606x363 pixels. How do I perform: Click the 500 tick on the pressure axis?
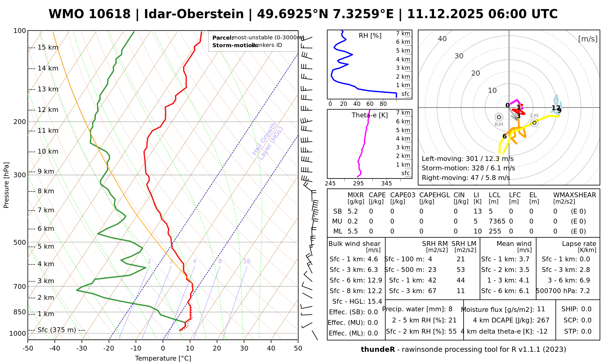20,243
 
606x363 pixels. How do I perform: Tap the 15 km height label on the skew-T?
48,47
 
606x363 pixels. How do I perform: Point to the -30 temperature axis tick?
82,348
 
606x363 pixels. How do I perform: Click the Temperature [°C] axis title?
163,358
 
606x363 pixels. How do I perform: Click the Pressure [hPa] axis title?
6,185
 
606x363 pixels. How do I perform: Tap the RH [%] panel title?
370,36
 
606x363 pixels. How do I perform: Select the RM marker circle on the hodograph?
499,117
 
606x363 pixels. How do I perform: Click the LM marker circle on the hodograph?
534,123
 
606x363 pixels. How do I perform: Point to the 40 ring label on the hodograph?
442,39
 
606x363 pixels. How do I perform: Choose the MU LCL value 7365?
497,221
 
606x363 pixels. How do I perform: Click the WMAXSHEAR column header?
574,195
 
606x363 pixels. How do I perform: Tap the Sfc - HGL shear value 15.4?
375,301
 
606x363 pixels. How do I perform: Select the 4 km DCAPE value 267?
543,320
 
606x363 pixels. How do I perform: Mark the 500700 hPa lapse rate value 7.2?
584,291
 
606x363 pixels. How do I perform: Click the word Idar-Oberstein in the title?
194,14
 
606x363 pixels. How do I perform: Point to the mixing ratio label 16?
247,261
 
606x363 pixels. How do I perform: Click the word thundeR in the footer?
378,350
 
